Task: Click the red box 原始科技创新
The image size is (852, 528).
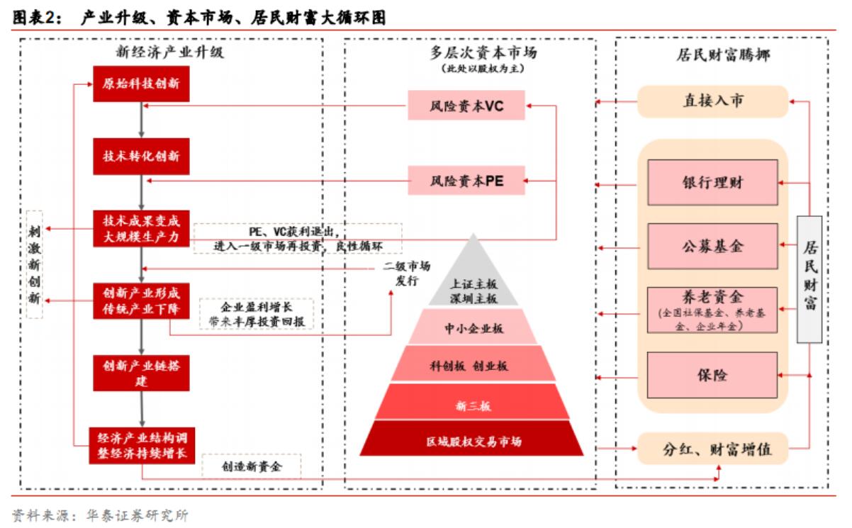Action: point(141,84)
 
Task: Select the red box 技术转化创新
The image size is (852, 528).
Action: point(141,157)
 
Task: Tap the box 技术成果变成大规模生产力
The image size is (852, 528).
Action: point(141,228)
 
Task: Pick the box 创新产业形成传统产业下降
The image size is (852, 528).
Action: point(141,300)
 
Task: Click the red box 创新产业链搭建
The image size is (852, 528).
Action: point(141,372)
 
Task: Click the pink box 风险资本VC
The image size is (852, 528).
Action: point(466,106)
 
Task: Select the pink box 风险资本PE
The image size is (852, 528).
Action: point(466,180)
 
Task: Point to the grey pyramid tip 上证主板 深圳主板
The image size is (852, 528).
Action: point(471,288)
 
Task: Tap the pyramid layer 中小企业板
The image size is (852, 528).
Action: point(471,327)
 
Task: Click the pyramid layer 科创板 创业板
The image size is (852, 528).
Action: point(471,366)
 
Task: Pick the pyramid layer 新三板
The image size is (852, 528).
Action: point(471,405)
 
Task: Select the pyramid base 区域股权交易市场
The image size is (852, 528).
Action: point(471,442)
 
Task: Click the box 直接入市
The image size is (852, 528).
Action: point(713,101)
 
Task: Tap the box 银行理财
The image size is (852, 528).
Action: point(713,182)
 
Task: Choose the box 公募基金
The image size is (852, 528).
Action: point(713,246)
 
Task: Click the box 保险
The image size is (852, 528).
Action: point(713,374)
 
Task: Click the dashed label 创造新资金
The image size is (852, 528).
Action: point(252,466)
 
